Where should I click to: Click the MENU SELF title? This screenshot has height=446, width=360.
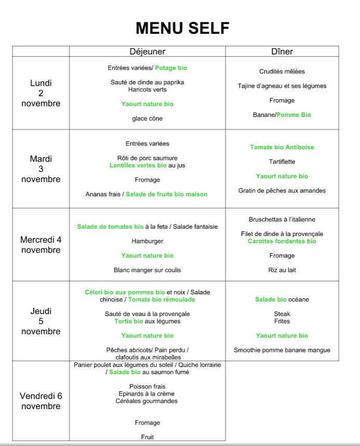(x=182, y=28)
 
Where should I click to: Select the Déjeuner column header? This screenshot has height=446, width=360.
(x=148, y=51)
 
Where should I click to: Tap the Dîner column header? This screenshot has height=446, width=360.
(x=282, y=51)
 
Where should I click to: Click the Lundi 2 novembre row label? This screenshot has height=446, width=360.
(x=41, y=93)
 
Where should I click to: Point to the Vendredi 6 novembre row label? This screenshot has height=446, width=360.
(x=41, y=401)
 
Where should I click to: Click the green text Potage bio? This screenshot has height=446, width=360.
(x=171, y=68)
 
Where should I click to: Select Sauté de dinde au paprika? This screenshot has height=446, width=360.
(x=148, y=82)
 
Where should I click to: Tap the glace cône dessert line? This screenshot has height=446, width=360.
(x=148, y=119)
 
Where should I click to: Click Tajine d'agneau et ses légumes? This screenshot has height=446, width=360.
(x=282, y=86)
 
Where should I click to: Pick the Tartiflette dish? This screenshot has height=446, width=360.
(x=282, y=162)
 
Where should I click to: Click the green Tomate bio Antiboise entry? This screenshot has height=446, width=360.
(x=282, y=147)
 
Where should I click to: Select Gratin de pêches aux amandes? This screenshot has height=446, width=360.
(x=282, y=191)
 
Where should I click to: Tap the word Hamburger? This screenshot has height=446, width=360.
(x=148, y=241)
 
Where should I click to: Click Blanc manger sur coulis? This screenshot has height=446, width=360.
(x=148, y=270)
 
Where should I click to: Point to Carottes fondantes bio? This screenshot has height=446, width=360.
(x=282, y=241)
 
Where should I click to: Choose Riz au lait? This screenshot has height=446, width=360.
(x=282, y=270)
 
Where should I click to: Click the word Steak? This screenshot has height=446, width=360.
(x=282, y=314)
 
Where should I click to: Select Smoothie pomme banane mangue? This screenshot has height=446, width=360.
(x=282, y=350)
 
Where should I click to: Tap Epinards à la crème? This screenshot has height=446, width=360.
(x=148, y=394)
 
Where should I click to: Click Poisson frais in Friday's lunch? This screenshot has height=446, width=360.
(x=148, y=387)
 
